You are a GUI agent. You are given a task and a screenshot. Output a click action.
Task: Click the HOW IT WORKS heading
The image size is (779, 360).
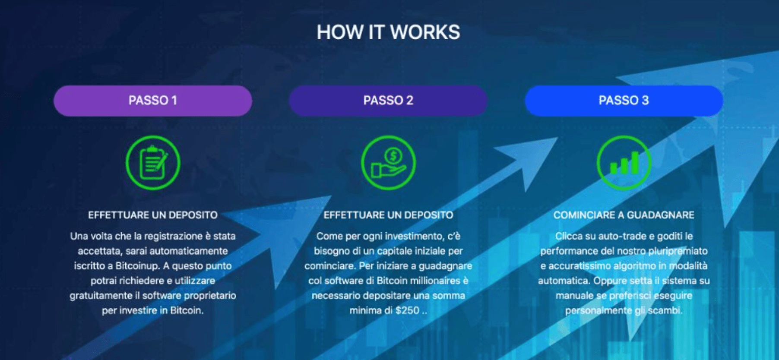[x=388, y=32]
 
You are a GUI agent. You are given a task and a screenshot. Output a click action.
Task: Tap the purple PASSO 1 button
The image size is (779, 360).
[x=153, y=101]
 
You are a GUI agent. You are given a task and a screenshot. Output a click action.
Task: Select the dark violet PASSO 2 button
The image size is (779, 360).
[x=388, y=101]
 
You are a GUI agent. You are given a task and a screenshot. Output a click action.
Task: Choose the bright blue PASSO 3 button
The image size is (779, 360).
[x=624, y=101]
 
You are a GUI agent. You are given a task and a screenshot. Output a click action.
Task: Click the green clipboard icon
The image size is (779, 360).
[x=153, y=163]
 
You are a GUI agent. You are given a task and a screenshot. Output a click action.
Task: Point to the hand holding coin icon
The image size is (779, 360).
[x=388, y=163]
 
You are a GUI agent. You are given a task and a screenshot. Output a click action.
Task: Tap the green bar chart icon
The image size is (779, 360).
[x=624, y=163]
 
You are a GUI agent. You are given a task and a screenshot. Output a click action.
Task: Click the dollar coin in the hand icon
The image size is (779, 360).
[x=393, y=155]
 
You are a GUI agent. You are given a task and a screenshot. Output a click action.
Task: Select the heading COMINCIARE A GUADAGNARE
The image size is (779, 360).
[x=624, y=215]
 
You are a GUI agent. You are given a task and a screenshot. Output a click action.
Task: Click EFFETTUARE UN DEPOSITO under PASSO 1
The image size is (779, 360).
[x=153, y=215]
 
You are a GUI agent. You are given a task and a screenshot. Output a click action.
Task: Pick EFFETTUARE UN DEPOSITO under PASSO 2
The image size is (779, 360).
[x=388, y=215]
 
